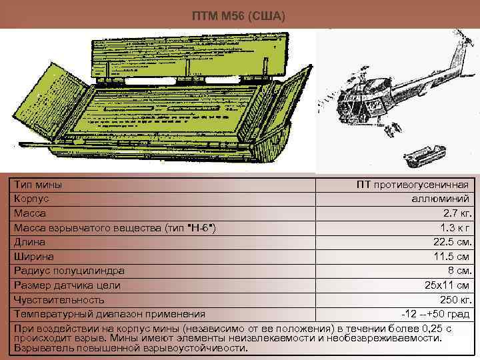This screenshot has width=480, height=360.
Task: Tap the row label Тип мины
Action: tap(37, 184)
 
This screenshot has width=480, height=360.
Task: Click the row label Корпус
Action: tap(31, 199)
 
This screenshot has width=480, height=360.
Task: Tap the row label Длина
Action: tap(29, 242)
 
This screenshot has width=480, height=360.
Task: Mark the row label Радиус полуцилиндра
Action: tap(69, 271)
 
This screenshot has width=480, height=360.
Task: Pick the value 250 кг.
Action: tap(455, 299)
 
